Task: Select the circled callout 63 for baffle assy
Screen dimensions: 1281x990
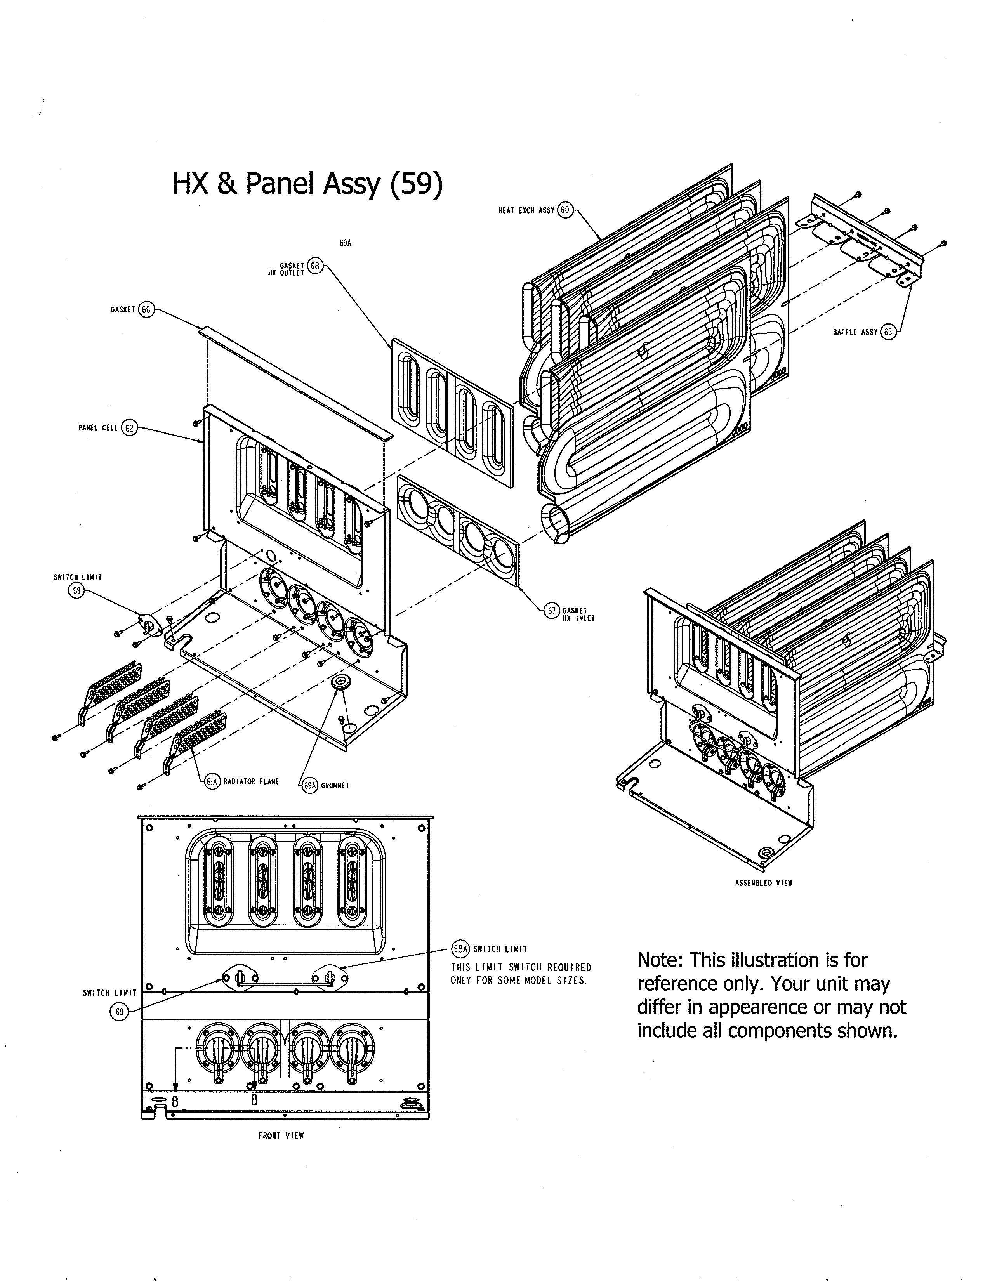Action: point(888,332)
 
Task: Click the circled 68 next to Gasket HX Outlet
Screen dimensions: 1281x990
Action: point(315,266)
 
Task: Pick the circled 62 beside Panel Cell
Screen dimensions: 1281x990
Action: point(129,428)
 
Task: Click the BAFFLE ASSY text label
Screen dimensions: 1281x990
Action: point(855,332)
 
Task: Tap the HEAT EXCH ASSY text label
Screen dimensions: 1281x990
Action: point(526,210)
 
